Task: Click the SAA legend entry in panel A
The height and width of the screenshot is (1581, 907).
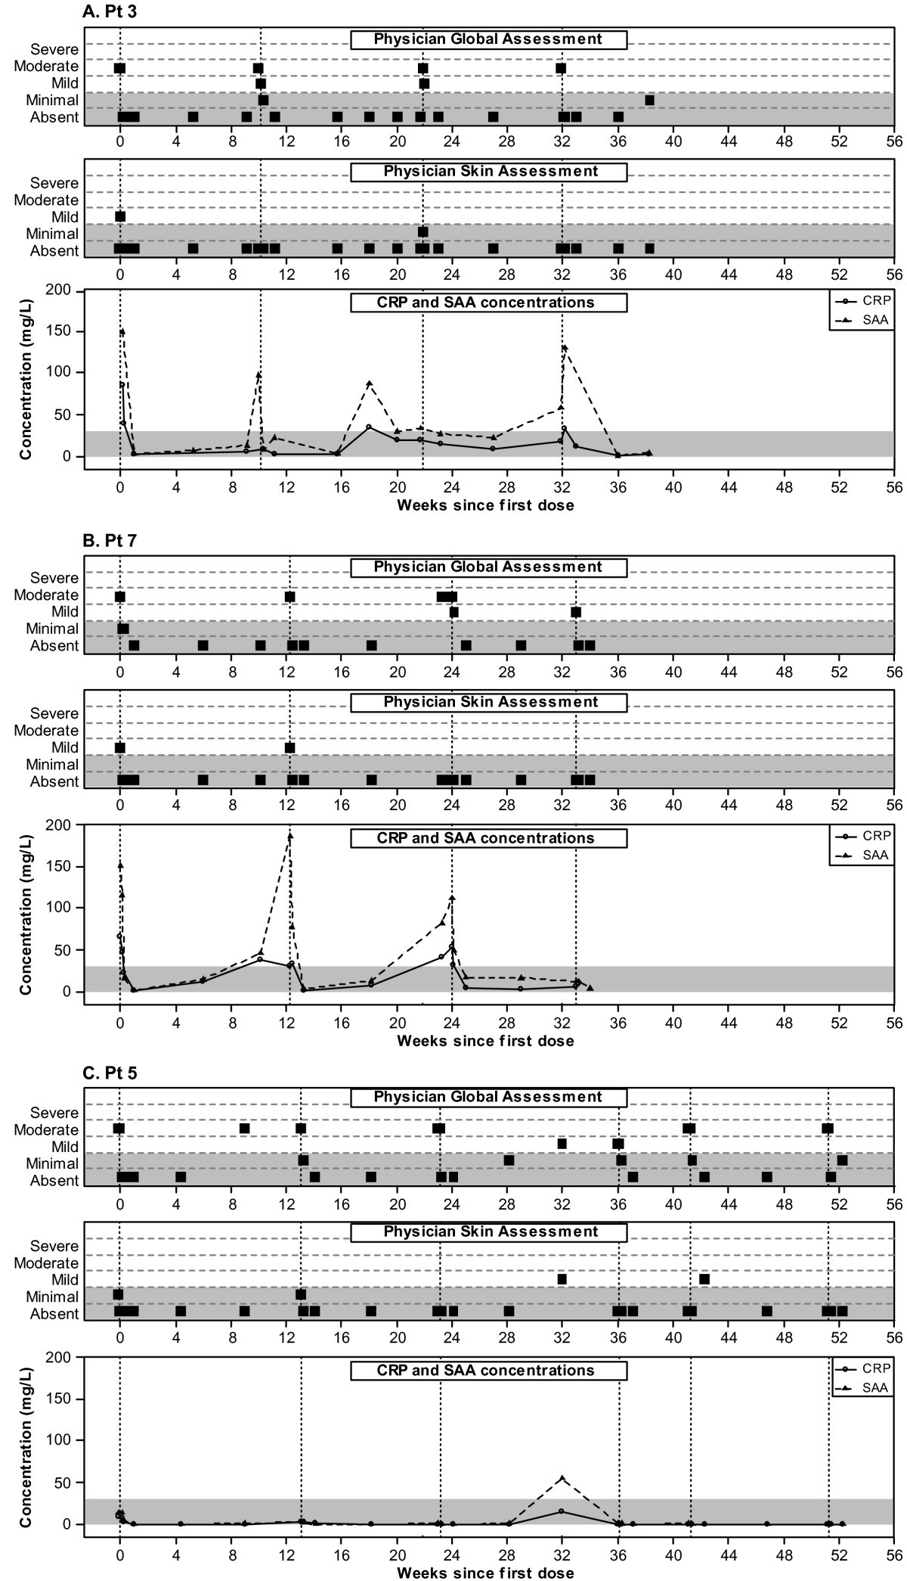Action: [x=863, y=320]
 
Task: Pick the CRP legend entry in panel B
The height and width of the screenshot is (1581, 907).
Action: [x=863, y=836]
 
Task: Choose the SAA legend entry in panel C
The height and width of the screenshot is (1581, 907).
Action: [x=863, y=1388]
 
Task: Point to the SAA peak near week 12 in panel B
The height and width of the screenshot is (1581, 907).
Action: [x=289, y=836]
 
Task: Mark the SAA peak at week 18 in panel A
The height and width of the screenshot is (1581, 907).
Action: [x=369, y=384]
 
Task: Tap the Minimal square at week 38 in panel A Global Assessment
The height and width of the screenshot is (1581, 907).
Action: [x=649, y=100]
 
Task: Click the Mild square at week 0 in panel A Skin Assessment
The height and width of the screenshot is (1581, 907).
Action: [x=120, y=216]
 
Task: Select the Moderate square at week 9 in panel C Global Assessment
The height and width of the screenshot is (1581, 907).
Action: [x=244, y=1128]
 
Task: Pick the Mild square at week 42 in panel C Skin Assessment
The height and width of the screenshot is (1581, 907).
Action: [x=704, y=1278]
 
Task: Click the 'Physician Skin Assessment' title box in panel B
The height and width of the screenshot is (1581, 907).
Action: [x=489, y=702]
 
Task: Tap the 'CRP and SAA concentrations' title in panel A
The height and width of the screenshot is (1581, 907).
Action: [x=489, y=303]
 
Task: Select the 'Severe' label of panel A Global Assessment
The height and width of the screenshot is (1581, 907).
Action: [x=54, y=49]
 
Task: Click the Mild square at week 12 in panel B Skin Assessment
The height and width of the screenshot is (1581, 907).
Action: [x=289, y=747]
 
